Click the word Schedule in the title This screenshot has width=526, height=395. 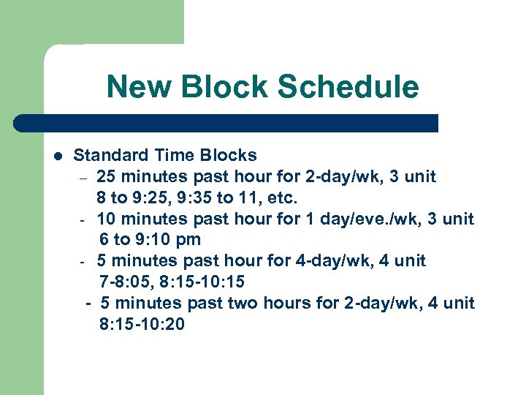(x=348, y=87)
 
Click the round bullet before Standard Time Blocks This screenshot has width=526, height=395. (x=58, y=156)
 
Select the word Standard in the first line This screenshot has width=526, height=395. (x=110, y=155)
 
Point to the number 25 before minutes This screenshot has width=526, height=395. (x=107, y=176)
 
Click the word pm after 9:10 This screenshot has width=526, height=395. (x=188, y=240)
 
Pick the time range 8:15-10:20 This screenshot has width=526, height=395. (x=142, y=324)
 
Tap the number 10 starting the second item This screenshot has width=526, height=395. (x=107, y=219)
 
